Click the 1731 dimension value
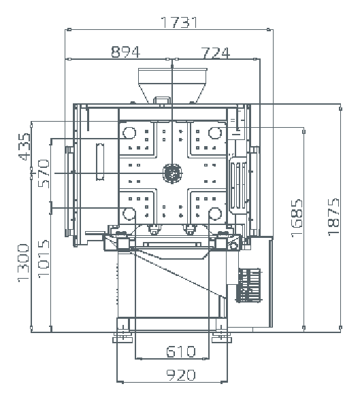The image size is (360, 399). (x=179, y=22)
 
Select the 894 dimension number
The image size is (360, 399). (x=126, y=52)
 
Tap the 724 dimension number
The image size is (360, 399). (x=216, y=53)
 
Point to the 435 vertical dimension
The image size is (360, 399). (x=24, y=147)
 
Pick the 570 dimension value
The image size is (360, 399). (x=44, y=173)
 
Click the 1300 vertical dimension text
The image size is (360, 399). (x=23, y=263)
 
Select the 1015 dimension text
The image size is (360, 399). (x=44, y=258)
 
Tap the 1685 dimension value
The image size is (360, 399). (x=297, y=218)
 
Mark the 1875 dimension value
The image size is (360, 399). (x=333, y=217)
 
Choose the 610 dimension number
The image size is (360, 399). (x=181, y=351)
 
